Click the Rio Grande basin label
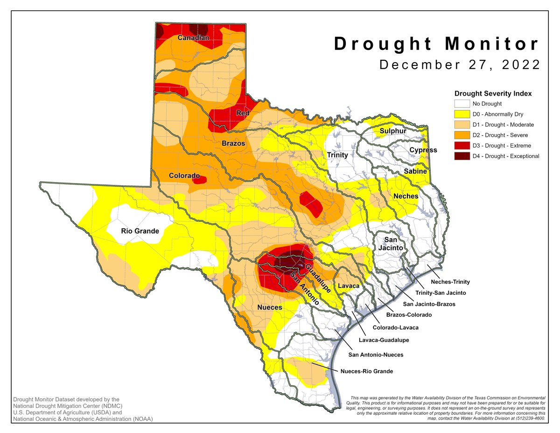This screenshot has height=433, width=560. click(x=140, y=231)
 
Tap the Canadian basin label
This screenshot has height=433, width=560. click(x=193, y=38)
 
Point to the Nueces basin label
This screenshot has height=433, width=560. click(x=269, y=307)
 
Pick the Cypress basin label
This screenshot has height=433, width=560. click(x=423, y=150)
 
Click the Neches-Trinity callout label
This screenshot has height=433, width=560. click(x=450, y=282)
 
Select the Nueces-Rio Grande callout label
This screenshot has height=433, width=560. click(x=366, y=371)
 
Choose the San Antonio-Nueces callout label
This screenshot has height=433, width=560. click(x=376, y=355)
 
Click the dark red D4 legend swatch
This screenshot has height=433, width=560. click(x=462, y=156)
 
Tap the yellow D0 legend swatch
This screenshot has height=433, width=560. click(x=462, y=114)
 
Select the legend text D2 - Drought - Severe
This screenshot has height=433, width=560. click(x=502, y=135)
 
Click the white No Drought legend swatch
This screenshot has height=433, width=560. click(x=462, y=104)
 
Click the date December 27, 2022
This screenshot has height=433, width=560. click(x=460, y=64)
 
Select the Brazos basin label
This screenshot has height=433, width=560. click(x=233, y=143)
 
